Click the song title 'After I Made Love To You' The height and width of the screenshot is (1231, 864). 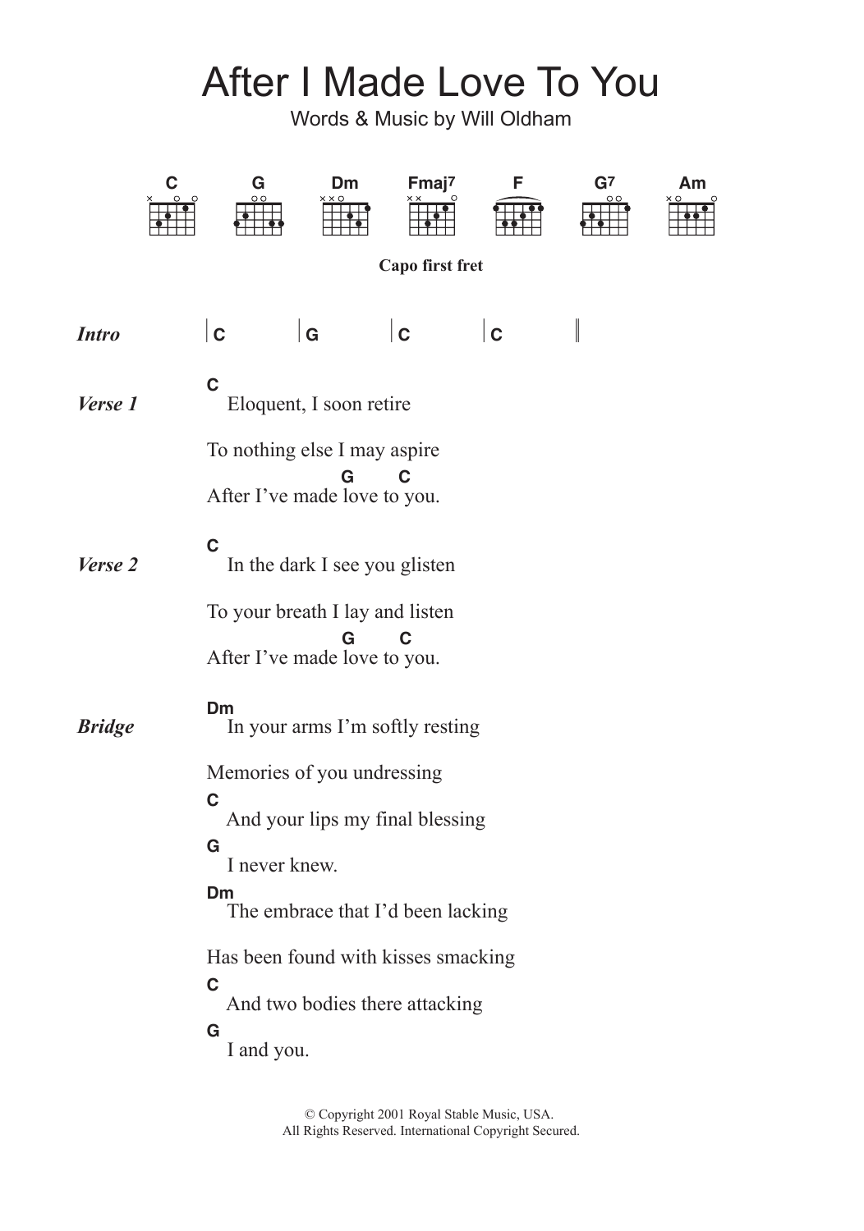[x=430, y=83]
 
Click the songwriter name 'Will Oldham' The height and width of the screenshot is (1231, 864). [x=516, y=119]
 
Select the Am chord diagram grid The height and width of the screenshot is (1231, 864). [x=692, y=218]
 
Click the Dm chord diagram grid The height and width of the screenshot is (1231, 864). [x=345, y=218]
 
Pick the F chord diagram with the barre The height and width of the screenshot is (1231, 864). [x=518, y=218]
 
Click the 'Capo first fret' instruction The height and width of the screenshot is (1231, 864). [x=430, y=266]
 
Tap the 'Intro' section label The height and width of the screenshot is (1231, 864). [x=99, y=334]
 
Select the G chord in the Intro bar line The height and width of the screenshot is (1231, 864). [x=312, y=335]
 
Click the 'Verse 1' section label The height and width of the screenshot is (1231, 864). [x=108, y=404]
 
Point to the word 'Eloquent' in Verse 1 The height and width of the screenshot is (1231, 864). [x=264, y=404]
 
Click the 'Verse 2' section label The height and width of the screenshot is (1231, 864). [x=108, y=565]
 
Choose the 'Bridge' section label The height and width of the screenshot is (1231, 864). [x=105, y=726]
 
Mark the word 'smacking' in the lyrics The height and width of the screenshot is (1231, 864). [x=476, y=958]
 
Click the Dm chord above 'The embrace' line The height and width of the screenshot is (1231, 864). [x=220, y=893]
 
